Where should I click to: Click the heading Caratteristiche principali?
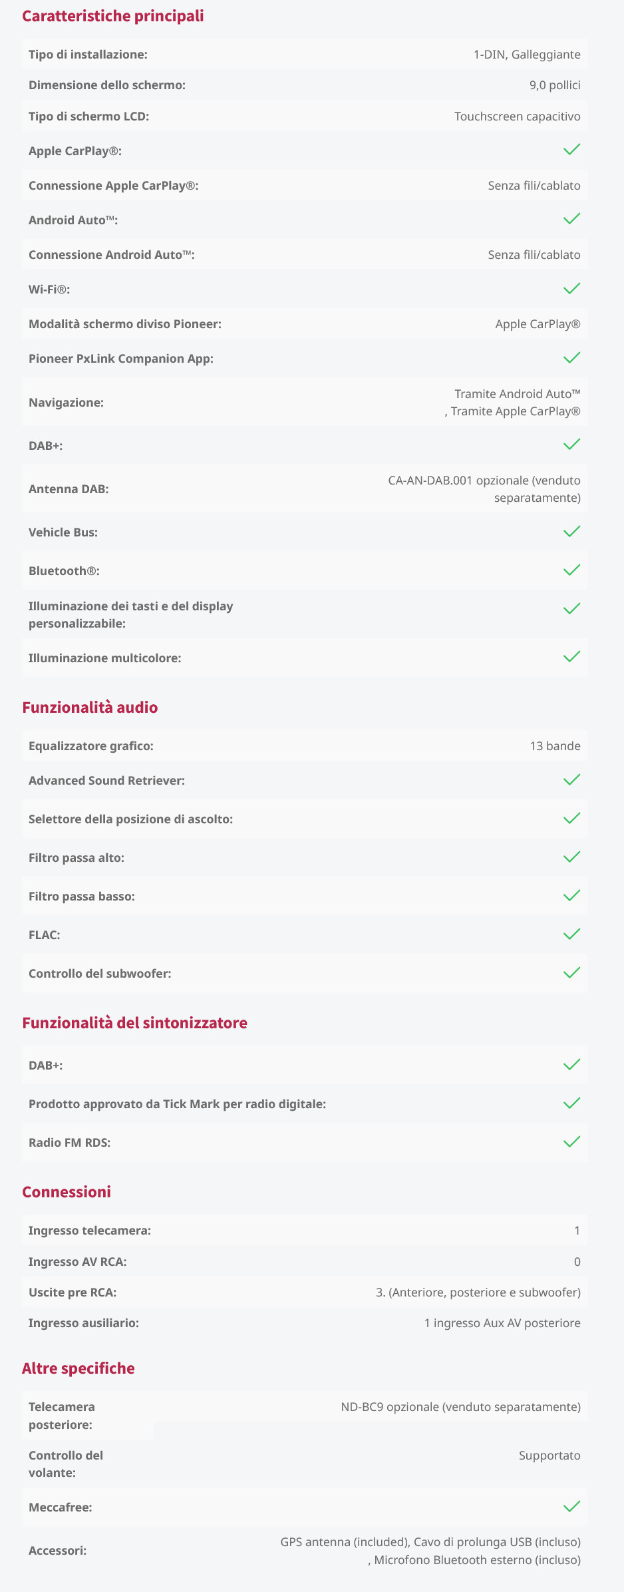(x=113, y=16)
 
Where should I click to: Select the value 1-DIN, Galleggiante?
(x=526, y=55)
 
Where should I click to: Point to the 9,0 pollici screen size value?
(x=555, y=85)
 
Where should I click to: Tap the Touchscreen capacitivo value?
(x=517, y=116)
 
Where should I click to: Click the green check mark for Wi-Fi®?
(x=571, y=288)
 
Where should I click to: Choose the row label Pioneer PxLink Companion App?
(x=121, y=359)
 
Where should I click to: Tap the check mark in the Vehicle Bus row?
(x=571, y=531)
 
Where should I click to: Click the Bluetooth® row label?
(x=64, y=571)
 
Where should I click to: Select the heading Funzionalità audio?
(x=90, y=707)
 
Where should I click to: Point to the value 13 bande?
(x=555, y=746)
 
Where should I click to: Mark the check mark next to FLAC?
(x=571, y=934)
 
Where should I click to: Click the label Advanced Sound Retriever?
(x=106, y=781)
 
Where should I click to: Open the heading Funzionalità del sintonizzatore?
(x=134, y=1023)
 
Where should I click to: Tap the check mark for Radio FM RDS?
(x=571, y=1141)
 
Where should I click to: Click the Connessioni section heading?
(x=67, y=1192)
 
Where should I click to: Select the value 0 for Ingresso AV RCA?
(x=577, y=1262)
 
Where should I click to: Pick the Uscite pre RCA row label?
(x=73, y=1293)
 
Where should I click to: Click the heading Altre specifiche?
(x=78, y=1368)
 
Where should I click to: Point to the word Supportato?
(x=549, y=1456)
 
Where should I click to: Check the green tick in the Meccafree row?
(x=571, y=1506)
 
